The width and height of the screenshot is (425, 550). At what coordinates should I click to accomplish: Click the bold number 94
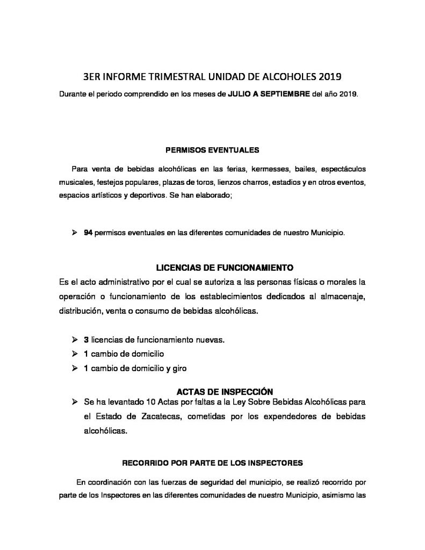click(x=88, y=234)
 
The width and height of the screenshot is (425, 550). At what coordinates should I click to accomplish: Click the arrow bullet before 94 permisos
click(x=75, y=234)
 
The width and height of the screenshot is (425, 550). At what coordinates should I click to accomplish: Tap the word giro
click(x=178, y=368)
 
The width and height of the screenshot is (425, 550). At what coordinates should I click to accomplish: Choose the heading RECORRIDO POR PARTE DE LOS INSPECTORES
click(x=213, y=462)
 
